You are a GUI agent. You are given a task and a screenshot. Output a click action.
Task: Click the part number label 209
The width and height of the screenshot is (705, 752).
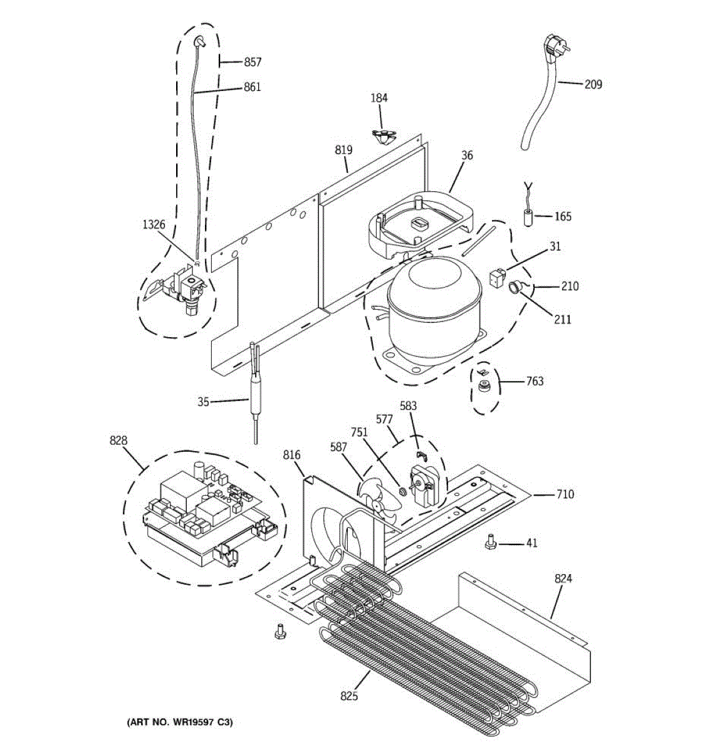[x=593, y=83]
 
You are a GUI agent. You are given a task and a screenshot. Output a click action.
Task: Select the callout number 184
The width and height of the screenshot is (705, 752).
[x=379, y=98]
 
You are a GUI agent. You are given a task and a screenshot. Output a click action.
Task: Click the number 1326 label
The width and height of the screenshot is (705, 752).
[x=154, y=224]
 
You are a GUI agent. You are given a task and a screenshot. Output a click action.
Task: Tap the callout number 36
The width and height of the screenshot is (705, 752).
[x=467, y=156]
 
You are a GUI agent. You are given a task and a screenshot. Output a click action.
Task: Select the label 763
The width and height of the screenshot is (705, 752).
[x=535, y=381]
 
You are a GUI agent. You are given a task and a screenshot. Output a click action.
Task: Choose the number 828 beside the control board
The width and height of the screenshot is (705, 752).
[x=118, y=441]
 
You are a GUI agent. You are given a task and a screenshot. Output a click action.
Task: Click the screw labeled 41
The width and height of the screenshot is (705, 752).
[x=491, y=542]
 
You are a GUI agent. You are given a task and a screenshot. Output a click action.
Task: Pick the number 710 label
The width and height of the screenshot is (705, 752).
[x=565, y=494]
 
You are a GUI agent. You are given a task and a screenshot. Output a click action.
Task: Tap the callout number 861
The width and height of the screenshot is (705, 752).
[x=252, y=87]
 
